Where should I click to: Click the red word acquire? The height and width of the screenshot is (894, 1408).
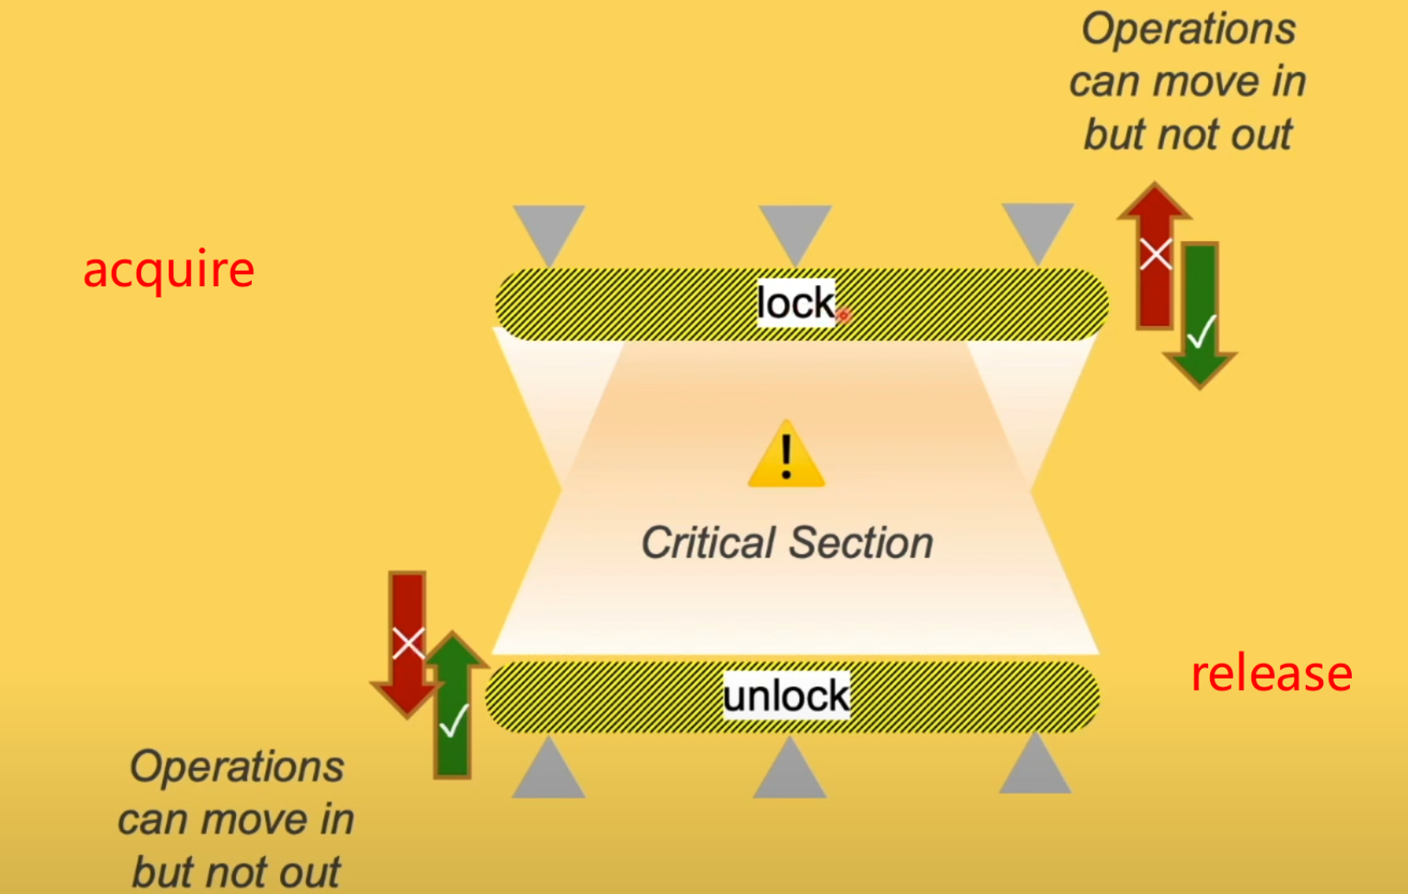point(169,270)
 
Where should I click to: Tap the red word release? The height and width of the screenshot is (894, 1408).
point(1271,674)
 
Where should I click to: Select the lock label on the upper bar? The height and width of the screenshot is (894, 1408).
point(796,303)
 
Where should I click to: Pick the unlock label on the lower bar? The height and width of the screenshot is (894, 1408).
point(786,696)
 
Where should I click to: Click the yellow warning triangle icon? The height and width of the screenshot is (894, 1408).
point(786,456)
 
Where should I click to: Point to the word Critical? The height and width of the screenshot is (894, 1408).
point(707,543)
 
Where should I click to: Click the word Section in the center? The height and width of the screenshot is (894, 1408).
point(861,543)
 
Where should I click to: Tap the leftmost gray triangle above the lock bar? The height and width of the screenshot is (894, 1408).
point(548,232)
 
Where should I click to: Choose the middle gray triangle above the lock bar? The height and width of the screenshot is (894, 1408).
point(795,232)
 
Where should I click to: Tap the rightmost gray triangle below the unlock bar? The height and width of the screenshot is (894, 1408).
point(1035,768)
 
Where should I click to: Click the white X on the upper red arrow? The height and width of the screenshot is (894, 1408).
point(1155,254)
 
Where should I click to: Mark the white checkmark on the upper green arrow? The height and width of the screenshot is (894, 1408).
point(1201,330)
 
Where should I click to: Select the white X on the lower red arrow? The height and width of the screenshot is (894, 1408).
point(408,643)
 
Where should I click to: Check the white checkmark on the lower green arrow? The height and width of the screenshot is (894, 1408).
point(453,721)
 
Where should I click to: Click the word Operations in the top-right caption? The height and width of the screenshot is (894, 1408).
point(1188,29)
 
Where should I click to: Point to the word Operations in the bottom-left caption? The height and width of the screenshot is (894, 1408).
point(237,767)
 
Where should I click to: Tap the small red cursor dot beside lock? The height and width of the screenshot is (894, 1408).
point(843,316)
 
